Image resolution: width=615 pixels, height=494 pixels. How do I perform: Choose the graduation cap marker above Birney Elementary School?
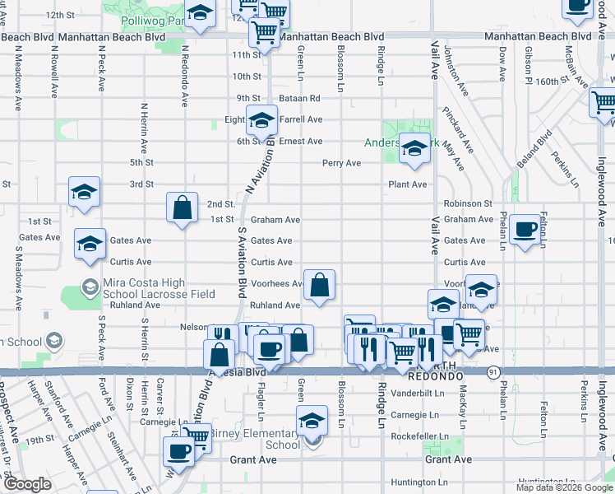[312, 422]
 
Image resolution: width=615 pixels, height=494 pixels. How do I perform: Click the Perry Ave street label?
[341, 163]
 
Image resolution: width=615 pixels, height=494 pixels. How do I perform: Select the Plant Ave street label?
[408, 184]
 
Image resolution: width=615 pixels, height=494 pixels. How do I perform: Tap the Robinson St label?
[467, 203]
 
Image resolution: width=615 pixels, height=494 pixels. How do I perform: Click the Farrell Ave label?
[300, 119]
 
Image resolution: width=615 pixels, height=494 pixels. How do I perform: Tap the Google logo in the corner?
[27, 484]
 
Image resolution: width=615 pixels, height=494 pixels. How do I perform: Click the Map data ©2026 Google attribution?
[563, 487]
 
